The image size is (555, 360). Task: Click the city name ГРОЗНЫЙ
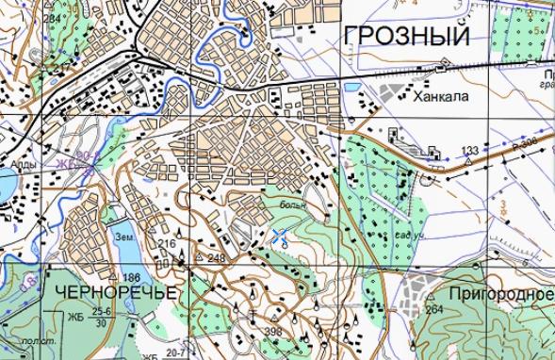(407, 37)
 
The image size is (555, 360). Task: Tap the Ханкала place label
(439, 95)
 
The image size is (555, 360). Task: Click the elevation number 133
(470, 151)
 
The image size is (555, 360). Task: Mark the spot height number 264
(434, 309)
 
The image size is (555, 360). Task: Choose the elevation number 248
(218, 257)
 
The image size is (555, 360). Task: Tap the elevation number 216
(167, 244)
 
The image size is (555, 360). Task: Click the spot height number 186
(131, 278)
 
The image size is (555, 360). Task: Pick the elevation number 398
(273, 332)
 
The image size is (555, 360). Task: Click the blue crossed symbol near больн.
(280, 236)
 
